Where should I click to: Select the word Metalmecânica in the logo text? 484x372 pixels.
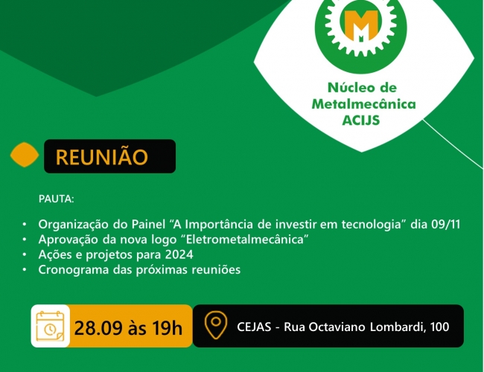[363, 103]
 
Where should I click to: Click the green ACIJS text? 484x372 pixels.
[361, 121]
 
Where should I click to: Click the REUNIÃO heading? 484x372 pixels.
[102, 156]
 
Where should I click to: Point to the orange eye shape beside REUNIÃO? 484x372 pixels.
[25, 155]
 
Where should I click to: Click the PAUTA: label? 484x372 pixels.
[56, 199]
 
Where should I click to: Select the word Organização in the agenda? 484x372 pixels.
[74, 225]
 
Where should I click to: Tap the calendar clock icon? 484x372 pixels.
[51, 326]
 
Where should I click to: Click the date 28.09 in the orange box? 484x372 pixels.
[98, 327]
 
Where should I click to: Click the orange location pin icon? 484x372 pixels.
[216, 325]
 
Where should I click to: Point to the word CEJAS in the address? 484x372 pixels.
[254, 327]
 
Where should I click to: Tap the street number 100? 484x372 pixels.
[439, 327]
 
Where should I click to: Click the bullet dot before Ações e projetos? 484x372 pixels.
[25, 254]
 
